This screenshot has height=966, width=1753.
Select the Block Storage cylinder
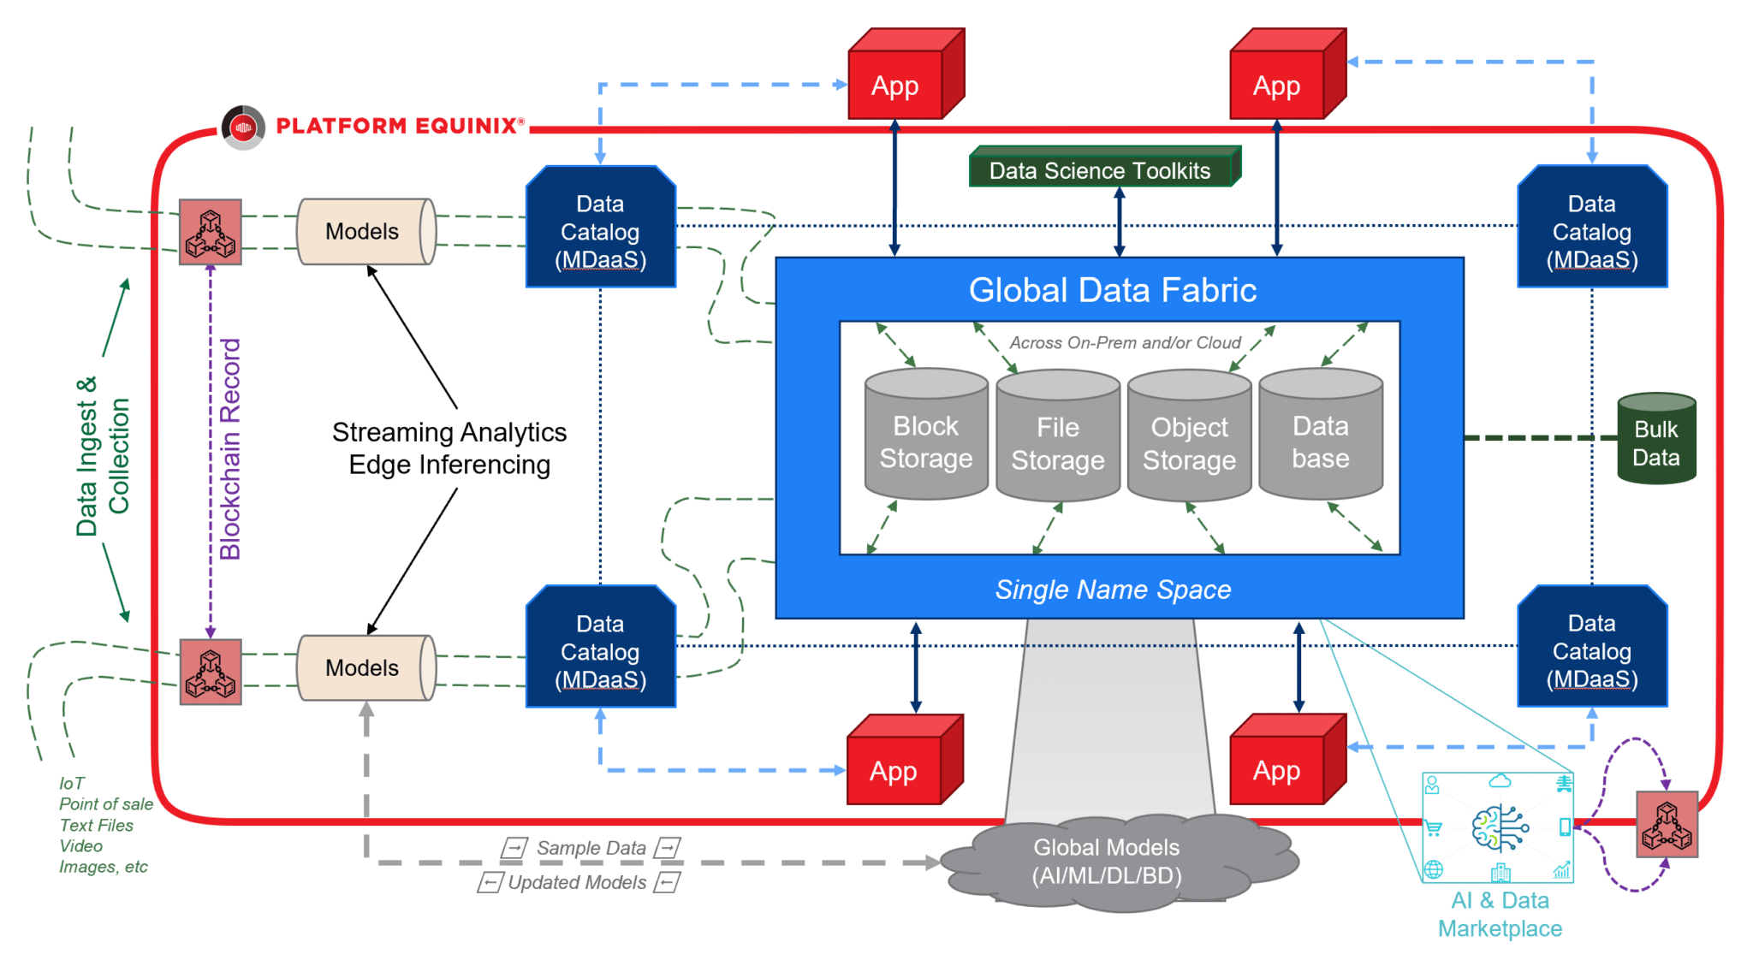coord(925,436)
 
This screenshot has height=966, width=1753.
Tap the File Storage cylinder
coord(1057,438)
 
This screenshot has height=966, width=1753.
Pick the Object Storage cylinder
coord(1189,438)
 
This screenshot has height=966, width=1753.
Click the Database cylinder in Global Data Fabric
coord(1320,436)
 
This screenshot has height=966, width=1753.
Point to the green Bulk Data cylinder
coord(1655,441)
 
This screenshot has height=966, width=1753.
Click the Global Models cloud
coord(1107,862)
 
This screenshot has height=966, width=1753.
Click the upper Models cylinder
coord(365,232)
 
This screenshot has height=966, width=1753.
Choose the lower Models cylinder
coord(365,668)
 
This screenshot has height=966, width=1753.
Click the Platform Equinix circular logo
coord(243,127)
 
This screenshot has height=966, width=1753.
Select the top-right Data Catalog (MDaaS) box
coord(1591,229)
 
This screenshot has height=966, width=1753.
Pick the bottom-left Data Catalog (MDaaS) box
coord(600,649)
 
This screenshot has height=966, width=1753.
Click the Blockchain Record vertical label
coord(229,449)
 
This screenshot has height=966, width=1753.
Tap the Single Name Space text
coord(1112,590)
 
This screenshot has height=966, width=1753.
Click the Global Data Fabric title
coord(1112,290)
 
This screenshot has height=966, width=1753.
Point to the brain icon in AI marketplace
coord(1498,827)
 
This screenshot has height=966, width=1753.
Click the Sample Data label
coord(591,848)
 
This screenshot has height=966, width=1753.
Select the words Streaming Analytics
coord(449,432)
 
